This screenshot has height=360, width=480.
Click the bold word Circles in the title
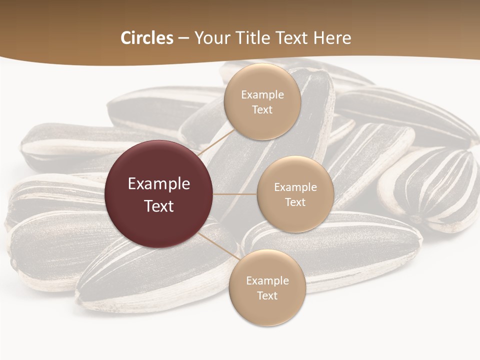point(146,38)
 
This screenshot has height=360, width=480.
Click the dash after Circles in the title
point(183,38)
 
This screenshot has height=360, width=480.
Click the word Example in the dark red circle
point(159,184)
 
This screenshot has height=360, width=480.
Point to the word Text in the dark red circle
point(159,206)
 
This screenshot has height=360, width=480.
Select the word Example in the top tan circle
point(262,95)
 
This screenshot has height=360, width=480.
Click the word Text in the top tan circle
point(262,110)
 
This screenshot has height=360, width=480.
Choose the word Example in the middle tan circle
point(295,187)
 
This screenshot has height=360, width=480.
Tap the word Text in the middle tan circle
point(295,202)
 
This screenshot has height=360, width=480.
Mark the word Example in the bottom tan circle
point(267,281)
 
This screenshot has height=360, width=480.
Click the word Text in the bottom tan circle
point(267,296)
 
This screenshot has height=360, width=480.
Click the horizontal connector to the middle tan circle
point(235,194)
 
